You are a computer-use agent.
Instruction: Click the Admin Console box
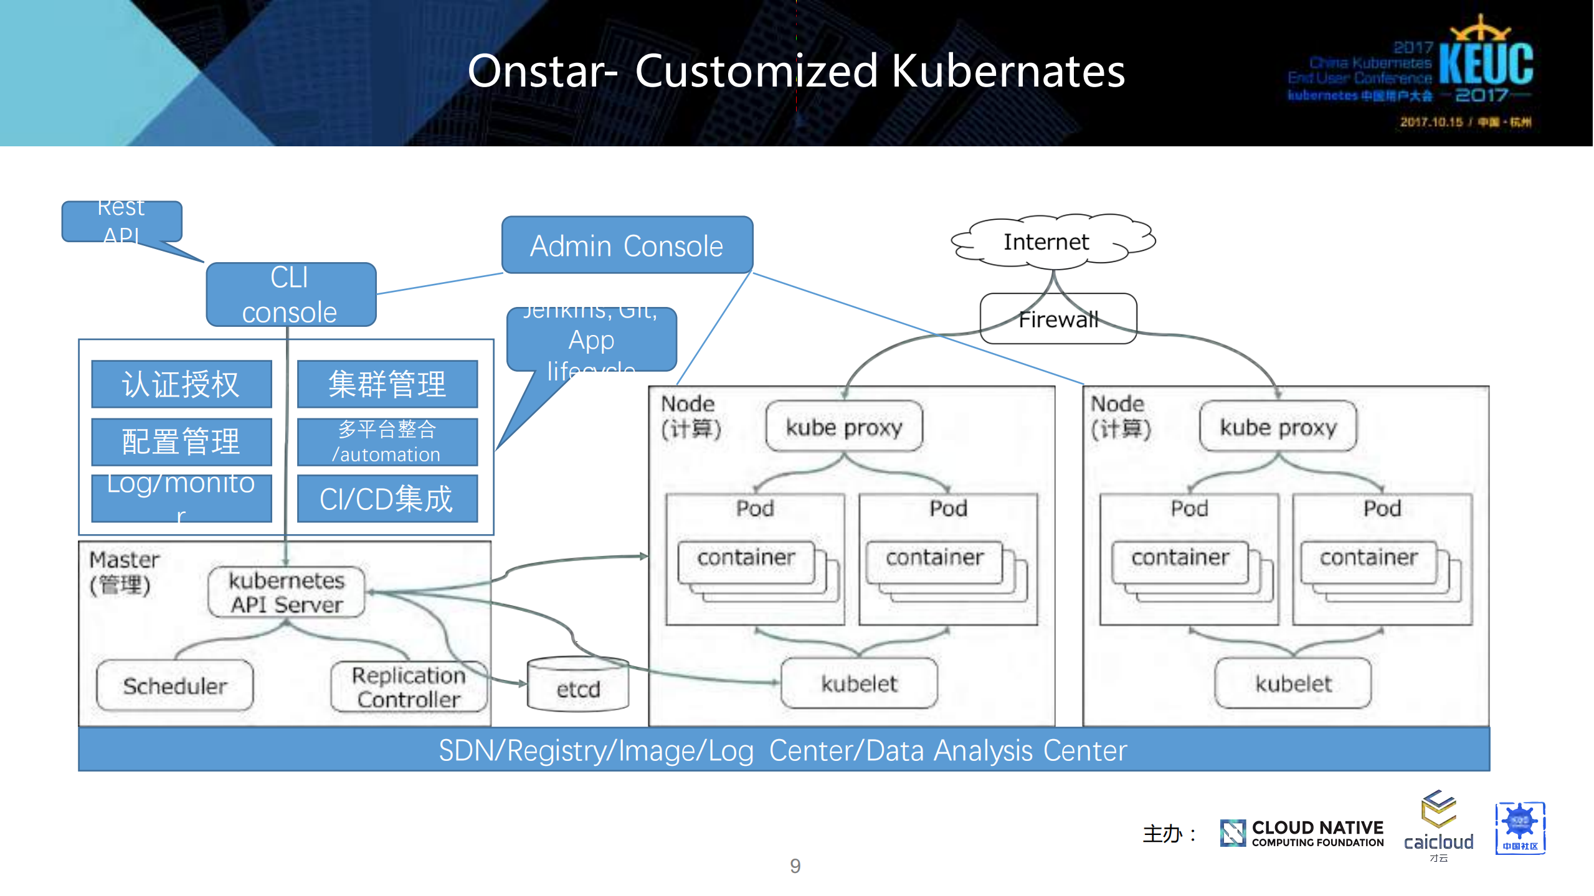[627, 245]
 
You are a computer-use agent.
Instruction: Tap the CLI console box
[290, 295]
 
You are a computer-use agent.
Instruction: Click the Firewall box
[1058, 319]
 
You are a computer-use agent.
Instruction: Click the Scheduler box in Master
[175, 686]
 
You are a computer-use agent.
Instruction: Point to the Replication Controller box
[409, 687]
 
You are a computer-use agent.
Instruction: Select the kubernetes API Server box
[287, 592]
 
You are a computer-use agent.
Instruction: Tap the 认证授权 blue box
[181, 384]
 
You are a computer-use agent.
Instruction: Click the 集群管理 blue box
[387, 384]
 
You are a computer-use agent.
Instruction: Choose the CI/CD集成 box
[387, 499]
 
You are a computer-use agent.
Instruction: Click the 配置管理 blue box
[181, 442]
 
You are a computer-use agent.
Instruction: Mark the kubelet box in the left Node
[859, 684]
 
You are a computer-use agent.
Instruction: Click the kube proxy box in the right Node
[1278, 427]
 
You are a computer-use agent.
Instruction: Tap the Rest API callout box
[122, 222]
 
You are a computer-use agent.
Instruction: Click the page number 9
[795, 865]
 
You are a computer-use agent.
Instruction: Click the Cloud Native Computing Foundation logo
[1302, 833]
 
